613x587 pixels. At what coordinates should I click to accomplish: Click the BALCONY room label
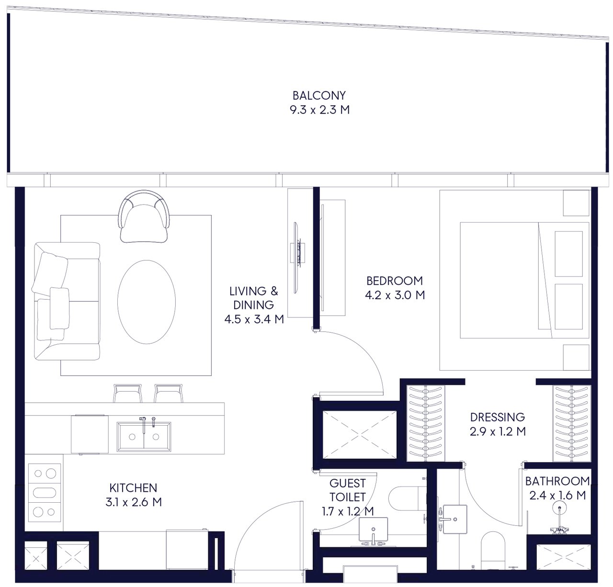(x=319, y=95)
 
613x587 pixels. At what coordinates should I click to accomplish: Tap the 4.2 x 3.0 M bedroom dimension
(x=395, y=295)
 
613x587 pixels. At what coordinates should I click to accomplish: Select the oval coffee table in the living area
(x=147, y=302)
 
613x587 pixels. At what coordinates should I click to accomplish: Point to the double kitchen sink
(x=144, y=437)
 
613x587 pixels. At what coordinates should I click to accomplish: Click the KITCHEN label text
(x=133, y=488)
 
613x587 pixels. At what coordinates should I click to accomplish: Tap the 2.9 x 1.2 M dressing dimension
(x=498, y=431)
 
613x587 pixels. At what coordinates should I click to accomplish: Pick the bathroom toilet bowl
(x=493, y=551)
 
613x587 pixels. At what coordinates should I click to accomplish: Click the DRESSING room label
(x=498, y=417)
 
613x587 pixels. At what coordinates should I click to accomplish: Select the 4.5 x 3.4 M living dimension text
(x=254, y=319)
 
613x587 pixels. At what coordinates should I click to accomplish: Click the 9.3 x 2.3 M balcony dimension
(x=319, y=110)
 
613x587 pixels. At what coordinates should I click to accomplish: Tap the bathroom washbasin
(x=455, y=519)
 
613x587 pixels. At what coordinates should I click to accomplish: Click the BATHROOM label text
(x=557, y=482)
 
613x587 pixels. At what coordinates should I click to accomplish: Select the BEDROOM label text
(x=395, y=281)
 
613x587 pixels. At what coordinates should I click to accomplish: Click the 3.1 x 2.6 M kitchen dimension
(x=134, y=502)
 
